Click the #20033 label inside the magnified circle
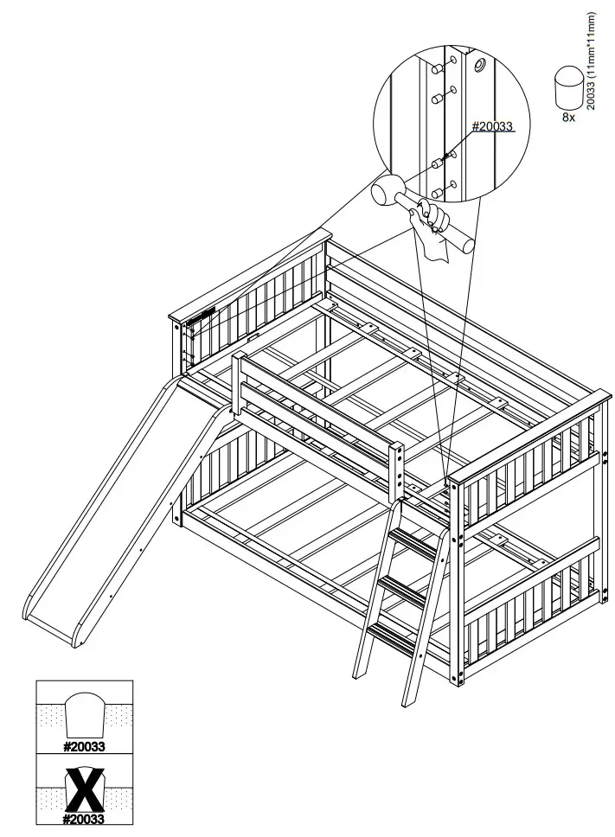(x=492, y=126)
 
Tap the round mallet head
(x=386, y=194)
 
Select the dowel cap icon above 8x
(x=567, y=89)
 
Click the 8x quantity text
(x=568, y=117)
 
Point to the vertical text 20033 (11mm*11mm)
(x=592, y=61)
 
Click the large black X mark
(x=84, y=788)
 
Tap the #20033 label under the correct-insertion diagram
(x=84, y=744)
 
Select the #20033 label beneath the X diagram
(x=84, y=819)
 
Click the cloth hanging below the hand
(x=438, y=246)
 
